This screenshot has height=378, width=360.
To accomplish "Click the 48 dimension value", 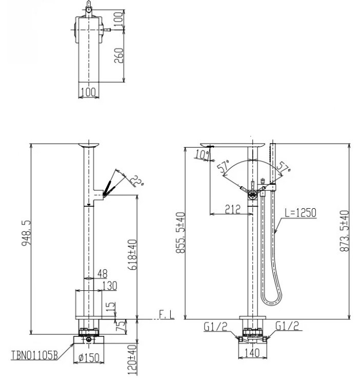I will point(102,274).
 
